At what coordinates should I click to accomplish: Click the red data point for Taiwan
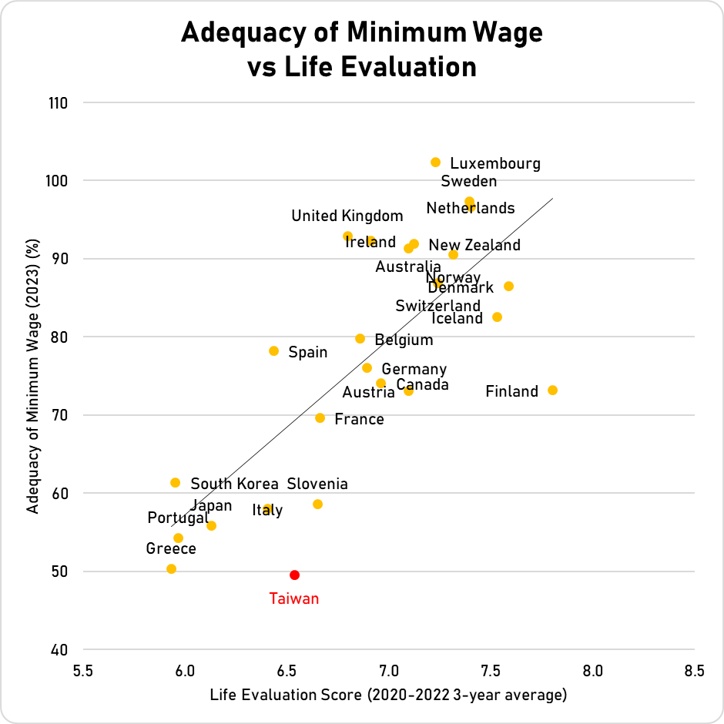[294, 575]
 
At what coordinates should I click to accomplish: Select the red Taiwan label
[293, 598]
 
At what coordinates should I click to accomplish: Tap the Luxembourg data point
[435, 163]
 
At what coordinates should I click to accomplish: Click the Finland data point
[552, 390]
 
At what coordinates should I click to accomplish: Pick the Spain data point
[273, 351]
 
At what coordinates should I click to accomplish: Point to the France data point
[320, 418]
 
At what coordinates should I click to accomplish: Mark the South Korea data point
[175, 483]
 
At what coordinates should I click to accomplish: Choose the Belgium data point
[360, 339]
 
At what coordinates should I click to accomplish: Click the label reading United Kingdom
[347, 216]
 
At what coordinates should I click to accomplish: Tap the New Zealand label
[474, 246]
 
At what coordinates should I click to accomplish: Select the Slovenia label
[317, 484]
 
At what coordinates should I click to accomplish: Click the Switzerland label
[437, 307]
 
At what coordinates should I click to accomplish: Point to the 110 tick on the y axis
[57, 102]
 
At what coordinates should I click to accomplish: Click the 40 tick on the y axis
[60, 649]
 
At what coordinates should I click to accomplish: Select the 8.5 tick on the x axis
[694, 670]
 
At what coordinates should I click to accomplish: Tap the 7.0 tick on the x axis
[389, 670]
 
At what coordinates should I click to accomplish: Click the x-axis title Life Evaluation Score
[388, 696]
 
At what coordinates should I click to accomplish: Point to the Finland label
[511, 392]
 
